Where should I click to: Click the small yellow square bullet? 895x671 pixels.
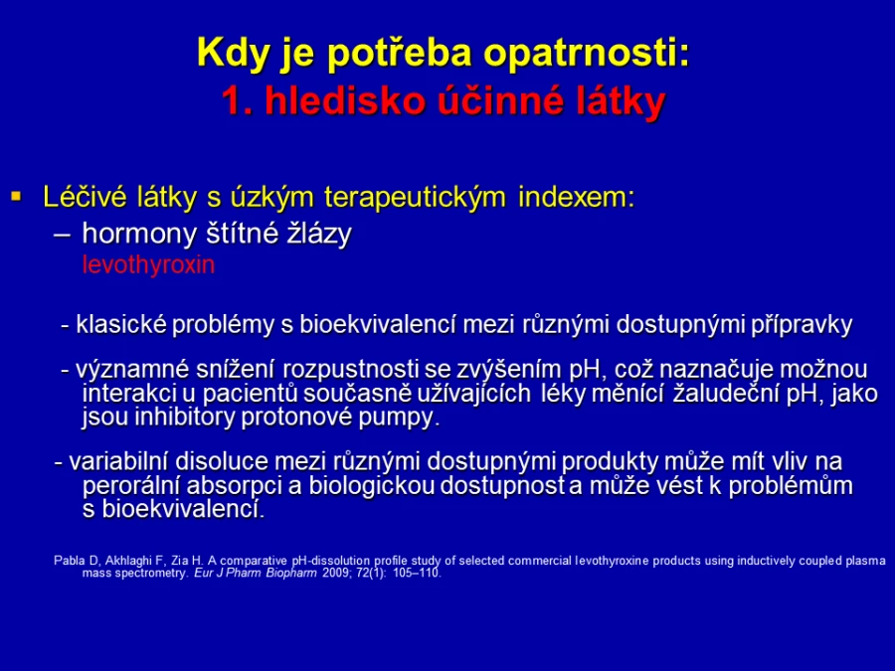(x=16, y=197)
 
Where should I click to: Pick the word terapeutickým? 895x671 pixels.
(x=415, y=197)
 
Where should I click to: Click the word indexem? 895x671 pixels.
(x=577, y=197)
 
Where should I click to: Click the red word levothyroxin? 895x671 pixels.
(x=148, y=264)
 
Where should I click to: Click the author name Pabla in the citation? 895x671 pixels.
(x=69, y=561)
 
